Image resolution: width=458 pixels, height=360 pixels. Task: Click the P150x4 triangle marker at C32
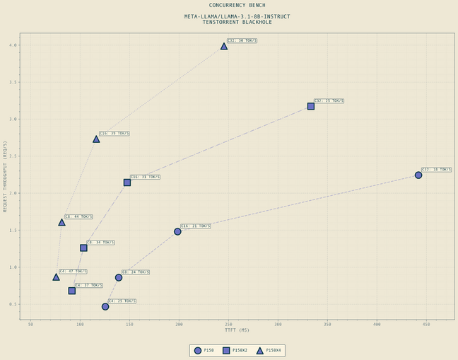click(x=224, y=46)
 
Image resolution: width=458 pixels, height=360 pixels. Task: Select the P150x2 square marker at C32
click(x=311, y=106)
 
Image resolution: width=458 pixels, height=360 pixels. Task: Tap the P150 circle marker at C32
click(x=418, y=175)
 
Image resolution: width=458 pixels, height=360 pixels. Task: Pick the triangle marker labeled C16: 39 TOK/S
click(x=96, y=139)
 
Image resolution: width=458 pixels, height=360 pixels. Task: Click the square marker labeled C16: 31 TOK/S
click(x=127, y=182)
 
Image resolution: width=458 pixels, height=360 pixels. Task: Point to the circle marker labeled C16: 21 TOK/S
click(x=177, y=231)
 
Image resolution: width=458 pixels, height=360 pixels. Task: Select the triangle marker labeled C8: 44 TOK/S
click(x=61, y=222)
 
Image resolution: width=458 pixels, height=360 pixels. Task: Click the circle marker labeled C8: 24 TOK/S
click(x=119, y=277)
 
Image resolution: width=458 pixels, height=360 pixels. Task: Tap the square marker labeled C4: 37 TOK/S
click(x=72, y=291)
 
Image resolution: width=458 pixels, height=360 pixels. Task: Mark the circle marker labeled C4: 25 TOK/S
click(x=105, y=306)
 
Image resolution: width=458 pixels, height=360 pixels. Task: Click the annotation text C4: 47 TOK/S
click(x=73, y=271)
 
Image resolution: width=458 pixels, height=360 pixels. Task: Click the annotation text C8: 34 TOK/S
click(x=100, y=243)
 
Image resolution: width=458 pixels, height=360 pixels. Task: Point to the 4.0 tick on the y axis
click(x=13, y=45)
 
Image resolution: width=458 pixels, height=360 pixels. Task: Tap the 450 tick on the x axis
click(x=426, y=325)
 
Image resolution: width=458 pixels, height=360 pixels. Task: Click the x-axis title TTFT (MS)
click(x=237, y=330)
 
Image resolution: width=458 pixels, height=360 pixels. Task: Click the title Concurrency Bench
click(x=237, y=5)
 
